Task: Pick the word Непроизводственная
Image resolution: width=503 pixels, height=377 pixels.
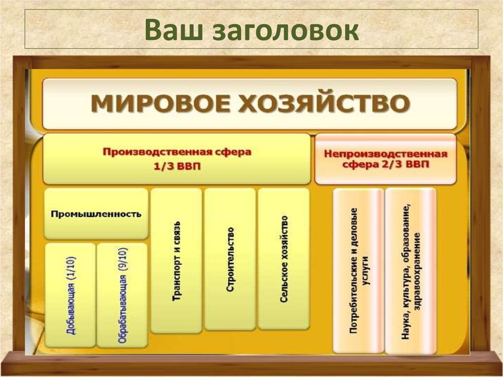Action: [x=386, y=153]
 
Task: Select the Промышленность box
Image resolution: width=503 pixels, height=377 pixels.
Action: [x=96, y=214]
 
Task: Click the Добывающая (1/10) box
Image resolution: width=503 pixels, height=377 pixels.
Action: [x=70, y=295]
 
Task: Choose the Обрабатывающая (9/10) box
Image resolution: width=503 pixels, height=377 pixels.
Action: [x=122, y=295]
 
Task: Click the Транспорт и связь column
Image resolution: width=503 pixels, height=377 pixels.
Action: [x=176, y=261]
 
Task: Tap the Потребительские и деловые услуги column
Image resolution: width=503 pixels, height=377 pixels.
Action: [x=358, y=270]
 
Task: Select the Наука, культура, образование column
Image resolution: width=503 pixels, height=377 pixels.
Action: [x=410, y=270]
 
